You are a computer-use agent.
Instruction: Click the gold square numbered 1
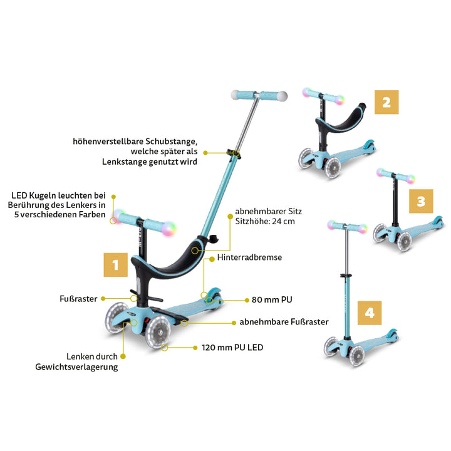tap(116, 265)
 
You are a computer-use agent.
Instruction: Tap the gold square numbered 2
tap(386, 102)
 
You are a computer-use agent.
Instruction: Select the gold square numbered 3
tap(421, 201)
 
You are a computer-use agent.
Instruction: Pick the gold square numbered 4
tap(370, 313)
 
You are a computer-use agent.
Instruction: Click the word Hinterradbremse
tap(249, 257)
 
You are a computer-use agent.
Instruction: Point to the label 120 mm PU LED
tap(232, 348)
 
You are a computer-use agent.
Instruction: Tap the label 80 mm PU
tap(272, 299)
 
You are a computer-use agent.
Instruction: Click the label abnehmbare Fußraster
tap(284, 321)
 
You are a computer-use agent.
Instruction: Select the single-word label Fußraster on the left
tap(78, 299)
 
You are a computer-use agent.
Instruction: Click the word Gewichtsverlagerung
tap(76, 367)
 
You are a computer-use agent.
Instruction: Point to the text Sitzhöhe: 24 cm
tap(265, 222)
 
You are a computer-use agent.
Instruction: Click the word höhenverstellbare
tap(108, 141)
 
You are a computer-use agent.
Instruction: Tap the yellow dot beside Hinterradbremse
tap(212, 259)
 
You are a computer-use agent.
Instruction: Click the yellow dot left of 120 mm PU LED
tap(195, 348)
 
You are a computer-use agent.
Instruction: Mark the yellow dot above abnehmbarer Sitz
tap(230, 216)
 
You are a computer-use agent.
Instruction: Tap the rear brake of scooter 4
tap(391, 334)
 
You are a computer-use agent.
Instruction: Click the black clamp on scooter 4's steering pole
tap(346, 276)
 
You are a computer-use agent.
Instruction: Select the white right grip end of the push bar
tap(282, 96)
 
